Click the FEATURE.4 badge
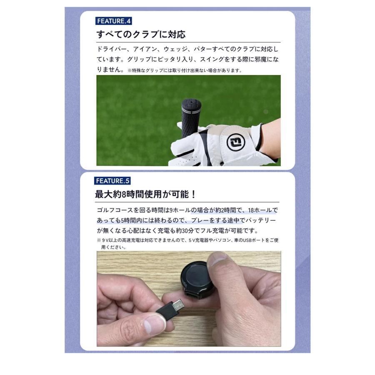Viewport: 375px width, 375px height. (x=114, y=21)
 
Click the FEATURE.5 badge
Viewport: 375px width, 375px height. (x=113, y=181)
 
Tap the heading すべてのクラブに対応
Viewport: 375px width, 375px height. (x=141, y=34)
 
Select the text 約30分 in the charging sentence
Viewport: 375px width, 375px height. (x=195, y=231)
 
